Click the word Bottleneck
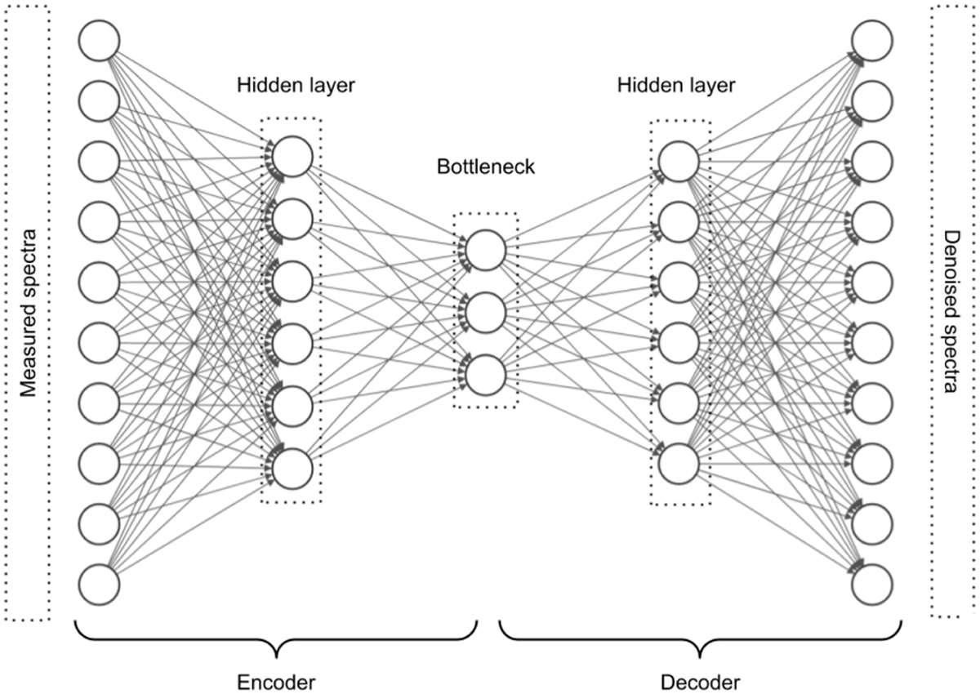pyautogui.click(x=486, y=167)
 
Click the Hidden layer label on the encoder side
pyautogui.click(x=296, y=85)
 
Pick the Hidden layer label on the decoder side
pyautogui.click(x=676, y=85)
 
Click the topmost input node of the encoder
pyautogui.click(x=100, y=40)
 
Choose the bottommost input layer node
pyautogui.click(x=100, y=585)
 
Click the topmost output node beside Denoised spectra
pyautogui.click(x=871, y=40)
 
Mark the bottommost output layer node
pyautogui.click(x=871, y=585)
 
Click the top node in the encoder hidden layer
pyautogui.click(x=292, y=157)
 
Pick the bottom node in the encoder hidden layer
pyautogui.click(x=292, y=467)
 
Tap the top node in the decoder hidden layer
pyautogui.click(x=678, y=161)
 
